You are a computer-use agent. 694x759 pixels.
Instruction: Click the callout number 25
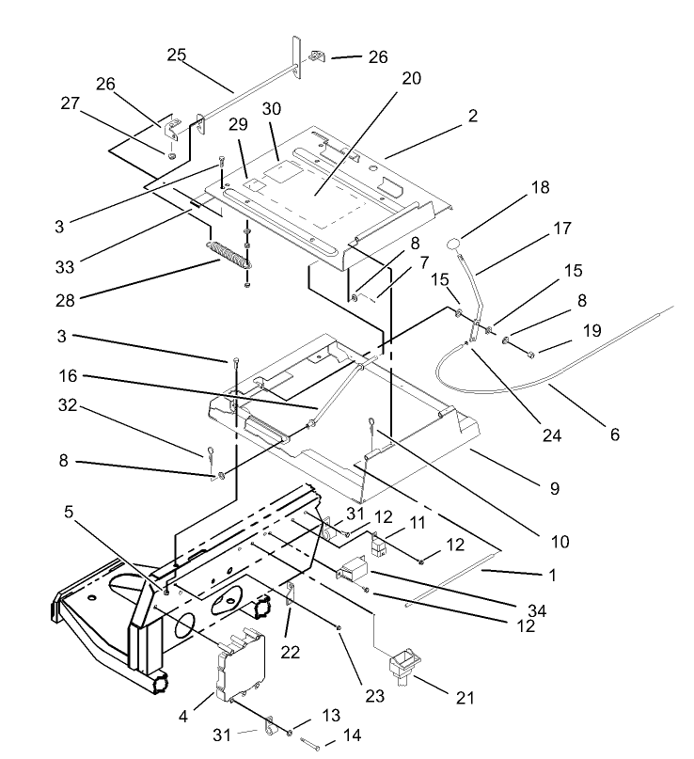coord(177,55)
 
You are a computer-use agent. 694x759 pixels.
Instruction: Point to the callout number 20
coord(411,79)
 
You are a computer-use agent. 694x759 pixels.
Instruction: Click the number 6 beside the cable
coord(615,435)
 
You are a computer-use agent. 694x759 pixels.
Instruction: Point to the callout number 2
coord(472,117)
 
